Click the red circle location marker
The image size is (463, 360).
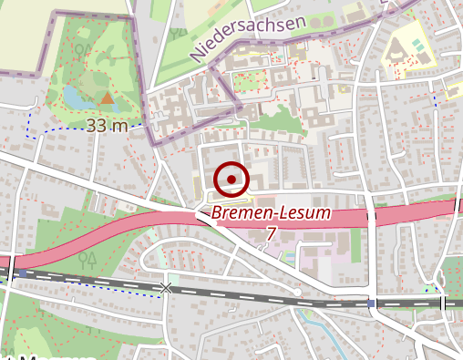(x=232, y=180)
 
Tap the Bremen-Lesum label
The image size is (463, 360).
(x=271, y=216)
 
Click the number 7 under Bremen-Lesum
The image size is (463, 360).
(x=271, y=234)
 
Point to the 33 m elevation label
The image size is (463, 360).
(x=107, y=126)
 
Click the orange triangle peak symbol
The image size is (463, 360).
(x=108, y=97)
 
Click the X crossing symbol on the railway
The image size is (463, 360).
(x=165, y=289)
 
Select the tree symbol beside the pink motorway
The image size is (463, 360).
(x=88, y=259)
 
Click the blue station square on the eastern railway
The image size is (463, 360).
(x=372, y=303)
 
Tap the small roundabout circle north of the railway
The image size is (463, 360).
(x=297, y=292)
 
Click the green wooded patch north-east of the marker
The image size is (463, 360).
(x=273, y=118)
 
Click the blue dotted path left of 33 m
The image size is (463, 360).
(x=41, y=132)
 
